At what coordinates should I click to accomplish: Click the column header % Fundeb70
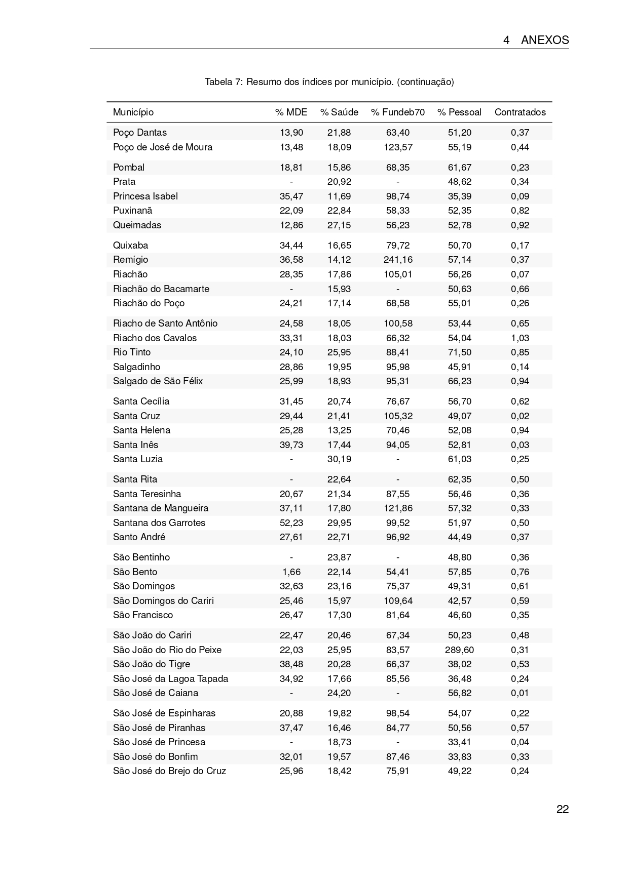click(x=398, y=112)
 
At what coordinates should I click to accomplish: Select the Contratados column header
click(x=520, y=112)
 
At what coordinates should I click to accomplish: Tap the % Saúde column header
click(x=339, y=112)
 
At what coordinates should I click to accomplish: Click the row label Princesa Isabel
click(x=145, y=196)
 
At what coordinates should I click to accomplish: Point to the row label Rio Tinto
click(x=132, y=352)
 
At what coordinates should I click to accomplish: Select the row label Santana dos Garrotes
click(x=159, y=523)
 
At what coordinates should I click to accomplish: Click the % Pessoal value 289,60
click(x=459, y=650)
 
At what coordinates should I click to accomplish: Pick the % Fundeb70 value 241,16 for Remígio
click(x=398, y=260)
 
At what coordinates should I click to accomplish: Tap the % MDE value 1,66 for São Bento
click(x=291, y=572)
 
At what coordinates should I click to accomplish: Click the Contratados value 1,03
click(x=520, y=338)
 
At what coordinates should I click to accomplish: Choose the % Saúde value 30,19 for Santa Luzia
click(x=339, y=459)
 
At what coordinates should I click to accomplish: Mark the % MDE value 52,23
click(x=291, y=523)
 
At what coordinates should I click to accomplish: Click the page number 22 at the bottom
click(x=563, y=810)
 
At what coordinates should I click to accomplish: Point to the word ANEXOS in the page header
click(x=545, y=41)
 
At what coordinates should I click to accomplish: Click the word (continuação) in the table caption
click(x=426, y=82)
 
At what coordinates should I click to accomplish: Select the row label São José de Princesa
click(x=159, y=742)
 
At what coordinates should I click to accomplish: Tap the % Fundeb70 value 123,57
click(x=398, y=147)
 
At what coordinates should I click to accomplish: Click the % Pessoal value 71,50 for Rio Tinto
click(x=459, y=352)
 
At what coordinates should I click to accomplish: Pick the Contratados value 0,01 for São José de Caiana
click(x=520, y=693)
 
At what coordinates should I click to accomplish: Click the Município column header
click(x=133, y=112)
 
